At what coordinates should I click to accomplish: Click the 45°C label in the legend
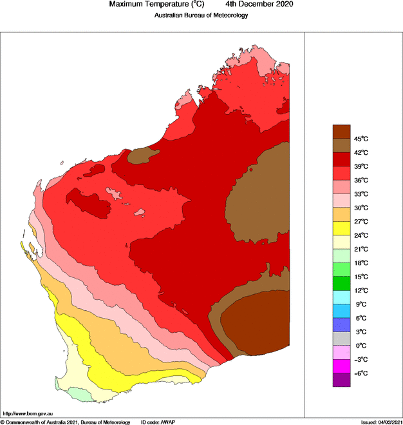360,139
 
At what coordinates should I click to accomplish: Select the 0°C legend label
360,346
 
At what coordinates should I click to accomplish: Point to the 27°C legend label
360,221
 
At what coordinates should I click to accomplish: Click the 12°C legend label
360,290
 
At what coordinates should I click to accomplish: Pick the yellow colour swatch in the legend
341,228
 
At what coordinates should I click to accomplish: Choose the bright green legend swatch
341,283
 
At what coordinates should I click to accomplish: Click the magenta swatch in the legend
341,366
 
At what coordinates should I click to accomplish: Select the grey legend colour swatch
341,339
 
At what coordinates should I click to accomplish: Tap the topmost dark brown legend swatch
341,132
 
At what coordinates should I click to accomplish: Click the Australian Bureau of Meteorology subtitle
201,15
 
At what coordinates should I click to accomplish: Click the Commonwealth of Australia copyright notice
65,422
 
